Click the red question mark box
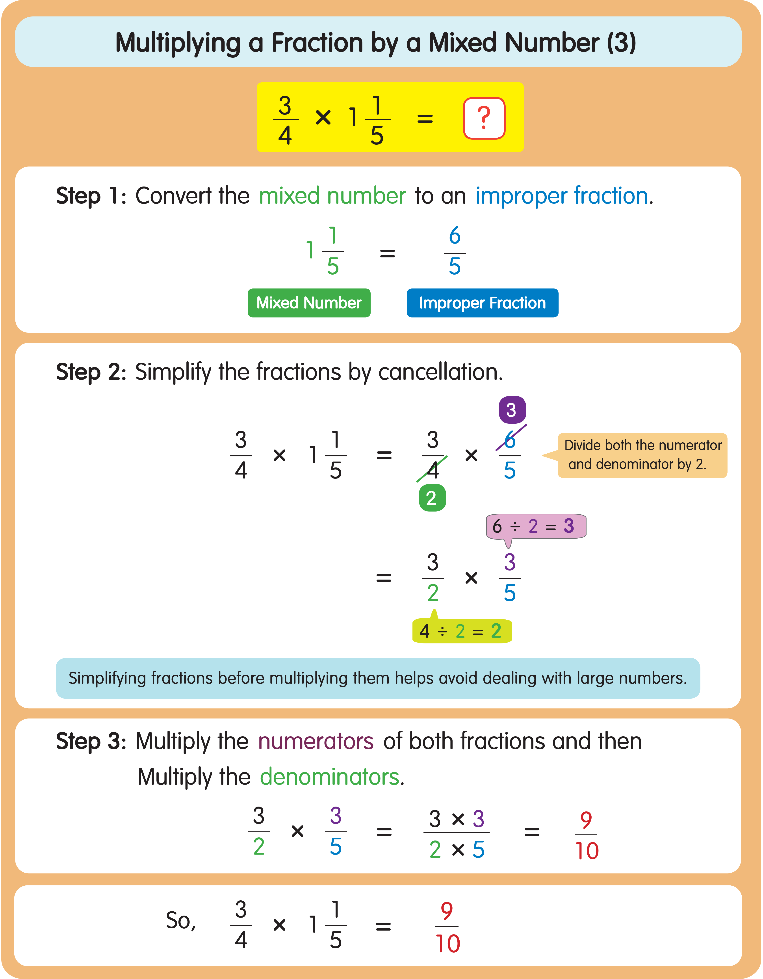484,118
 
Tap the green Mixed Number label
309,303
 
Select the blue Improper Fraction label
482,303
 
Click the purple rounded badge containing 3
512,410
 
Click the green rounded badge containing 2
432,498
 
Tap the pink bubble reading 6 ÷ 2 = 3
536,526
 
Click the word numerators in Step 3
316,741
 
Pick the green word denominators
330,777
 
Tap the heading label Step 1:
91,196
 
